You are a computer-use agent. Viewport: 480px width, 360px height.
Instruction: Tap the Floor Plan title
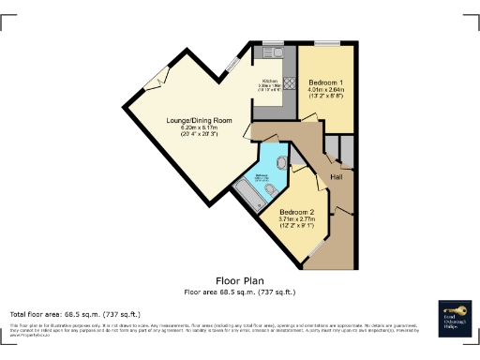[x=240, y=280]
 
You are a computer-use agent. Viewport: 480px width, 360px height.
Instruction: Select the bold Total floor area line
[x=75, y=313]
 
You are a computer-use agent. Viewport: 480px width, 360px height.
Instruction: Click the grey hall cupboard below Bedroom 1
[x=345, y=150]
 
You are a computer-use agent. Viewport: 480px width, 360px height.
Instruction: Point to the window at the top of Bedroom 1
[x=327, y=44]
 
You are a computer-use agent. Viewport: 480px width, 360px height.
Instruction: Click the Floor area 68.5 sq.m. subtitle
[x=240, y=291]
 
